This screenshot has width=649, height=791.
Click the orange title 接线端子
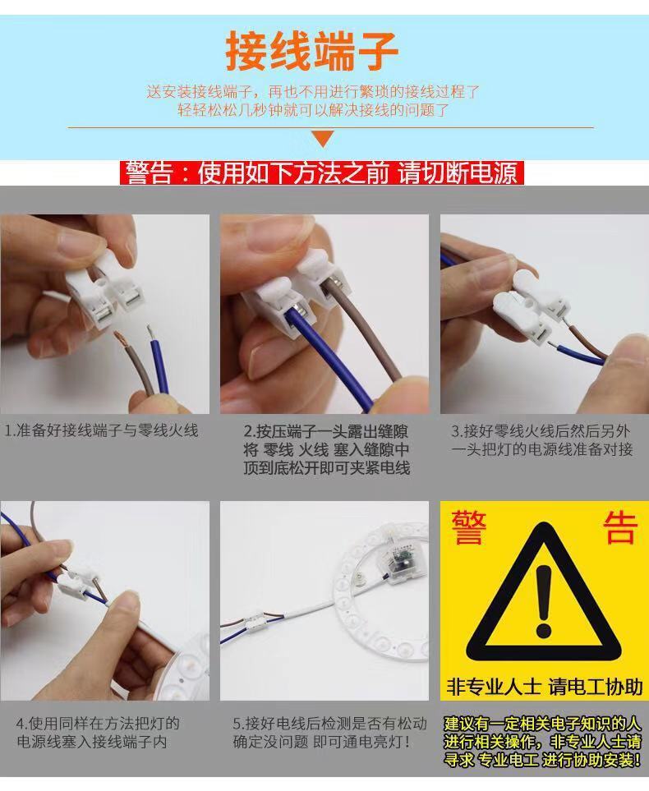(x=312, y=51)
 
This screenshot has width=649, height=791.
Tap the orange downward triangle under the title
(x=324, y=138)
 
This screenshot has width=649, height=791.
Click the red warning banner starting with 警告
(x=322, y=173)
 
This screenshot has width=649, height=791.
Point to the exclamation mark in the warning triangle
(x=544, y=600)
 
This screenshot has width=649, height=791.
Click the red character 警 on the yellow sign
(x=469, y=527)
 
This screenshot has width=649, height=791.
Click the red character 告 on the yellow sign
(x=619, y=527)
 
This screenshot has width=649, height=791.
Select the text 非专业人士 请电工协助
(x=544, y=687)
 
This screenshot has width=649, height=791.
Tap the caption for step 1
(x=101, y=430)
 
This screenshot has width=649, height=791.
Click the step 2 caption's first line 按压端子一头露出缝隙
(x=325, y=431)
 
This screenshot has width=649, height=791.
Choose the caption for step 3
(x=541, y=440)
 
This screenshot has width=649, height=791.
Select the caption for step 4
(x=98, y=733)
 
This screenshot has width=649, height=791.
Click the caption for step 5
(x=329, y=733)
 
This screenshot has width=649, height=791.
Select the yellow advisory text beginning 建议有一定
(x=542, y=742)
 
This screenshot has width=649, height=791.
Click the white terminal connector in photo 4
(x=78, y=582)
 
